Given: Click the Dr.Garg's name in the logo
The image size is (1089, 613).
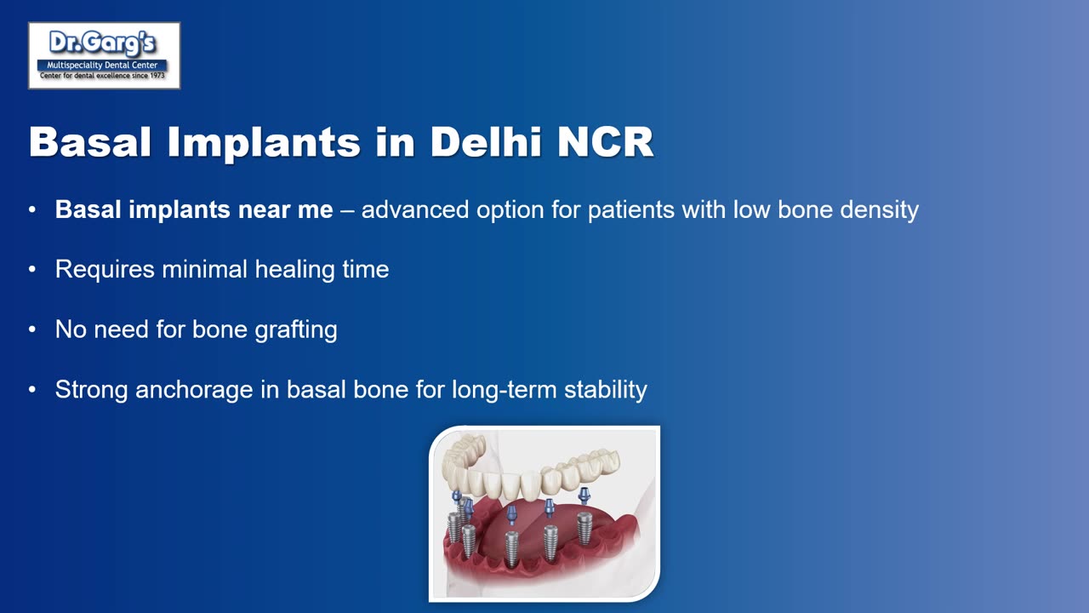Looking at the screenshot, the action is pyautogui.click(x=102, y=43).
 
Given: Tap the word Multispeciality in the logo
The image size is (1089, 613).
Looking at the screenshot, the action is pyautogui.click(x=74, y=66).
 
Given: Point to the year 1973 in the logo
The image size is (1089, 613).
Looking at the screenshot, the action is pyautogui.click(x=157, y=76).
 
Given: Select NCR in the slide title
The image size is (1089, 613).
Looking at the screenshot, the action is pyautogui.click(x=605, y=142).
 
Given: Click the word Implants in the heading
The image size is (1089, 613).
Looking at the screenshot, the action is pyautogui.click(x=264, y=143).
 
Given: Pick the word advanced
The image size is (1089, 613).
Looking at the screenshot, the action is pyautogui.click(x=414, y=209).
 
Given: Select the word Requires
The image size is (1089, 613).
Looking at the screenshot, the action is pyautogui.click(x=105, y=270).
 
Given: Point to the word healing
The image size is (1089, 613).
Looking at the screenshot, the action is pyautogui.click(x=295, y=270).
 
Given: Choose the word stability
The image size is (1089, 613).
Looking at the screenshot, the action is pyautogui.click(x=605, y=390).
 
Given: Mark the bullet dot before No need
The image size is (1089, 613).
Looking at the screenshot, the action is pyautogui.click(x=32, y=329).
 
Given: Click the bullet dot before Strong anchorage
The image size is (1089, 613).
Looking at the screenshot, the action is pyautogui.click(x=32, y=390).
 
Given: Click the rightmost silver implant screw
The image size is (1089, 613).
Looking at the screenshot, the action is pyautogui.click(x=584, y=528).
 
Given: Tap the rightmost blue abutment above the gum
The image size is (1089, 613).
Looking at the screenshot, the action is pyautogui.click(x=584, y=496).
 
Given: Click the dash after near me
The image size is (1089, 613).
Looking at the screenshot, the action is pyautogui.click(x=347, y=211).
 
